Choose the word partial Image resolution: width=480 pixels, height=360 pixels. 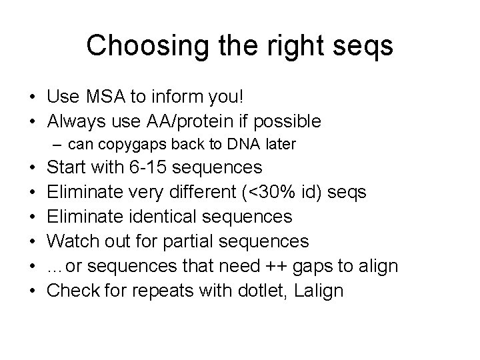pyautogui.click(x=204, y=241)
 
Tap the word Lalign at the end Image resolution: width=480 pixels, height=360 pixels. pyautogui.click(x=319, y=291)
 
